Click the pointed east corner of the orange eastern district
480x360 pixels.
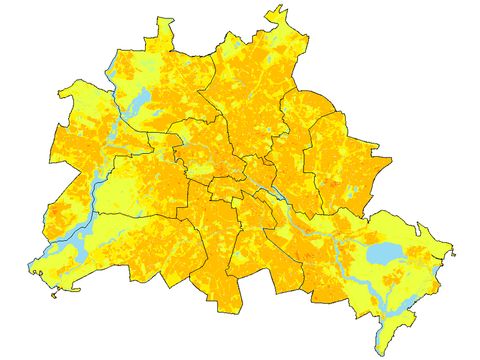(x=391, y=156)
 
